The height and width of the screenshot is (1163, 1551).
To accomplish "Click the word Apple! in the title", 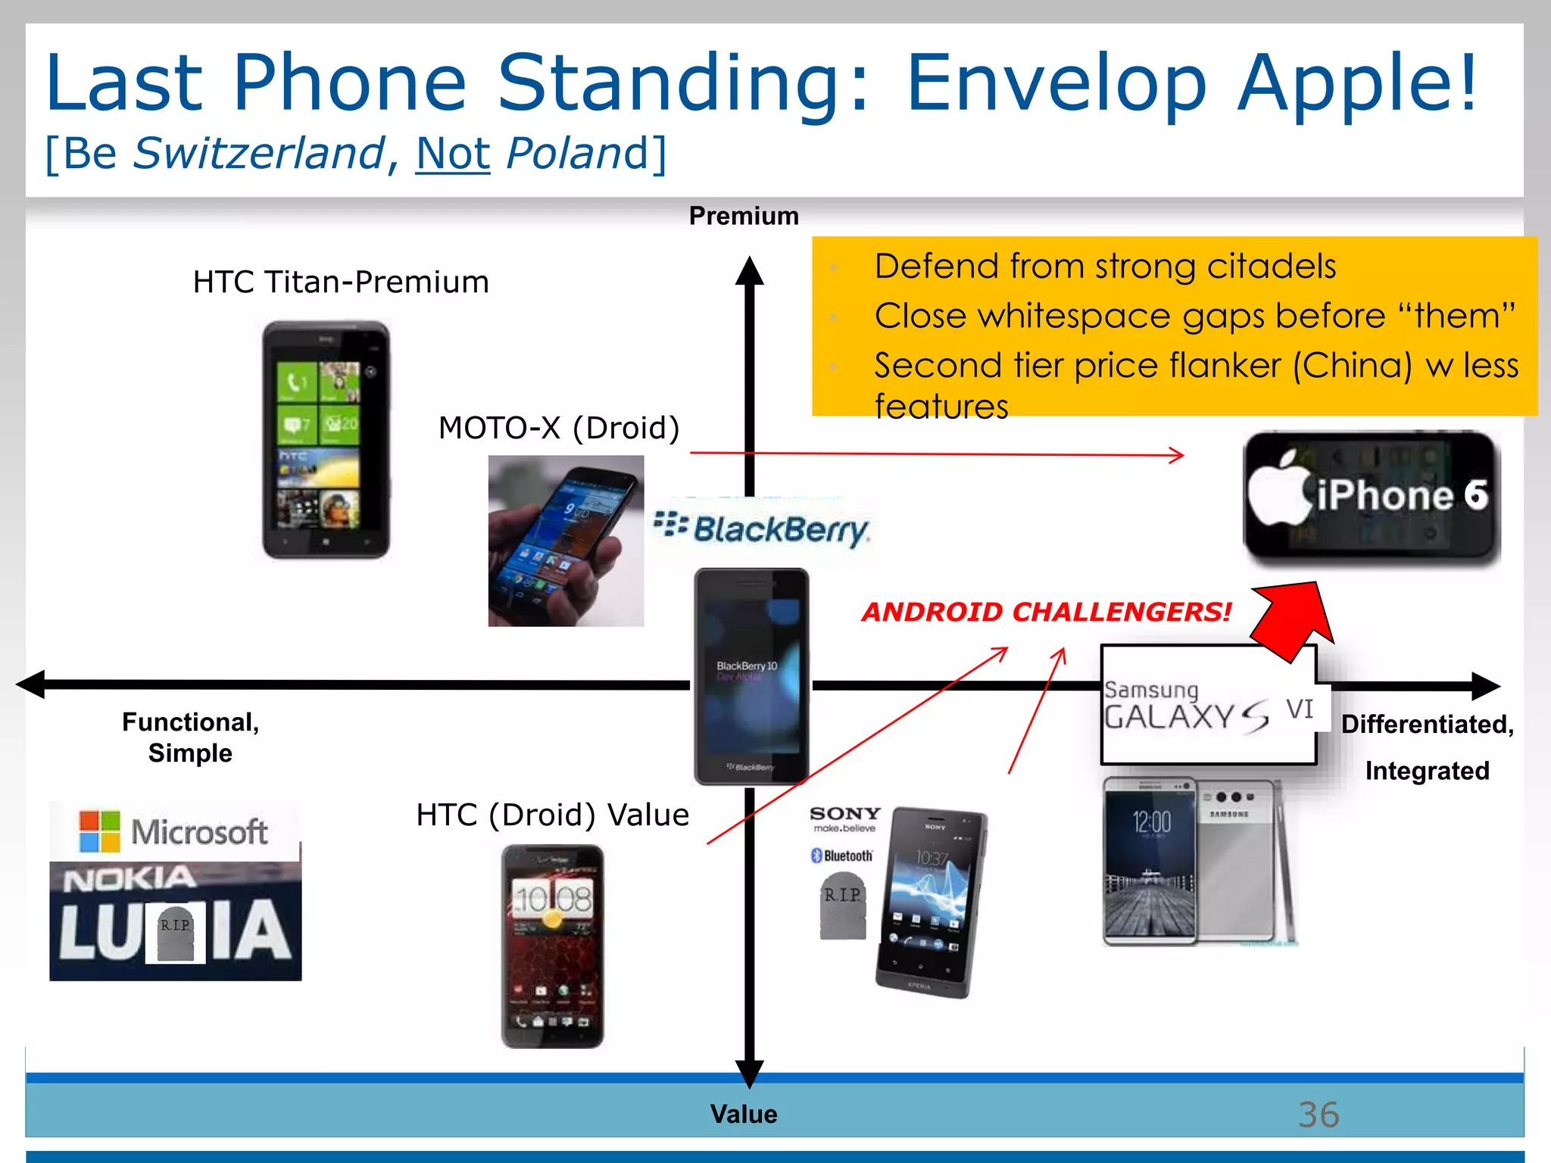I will [x=1356, y=83].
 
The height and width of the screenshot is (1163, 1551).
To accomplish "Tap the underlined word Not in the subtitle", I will [x=453, y=154].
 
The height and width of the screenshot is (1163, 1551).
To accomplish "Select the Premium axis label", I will [x=743, y=217].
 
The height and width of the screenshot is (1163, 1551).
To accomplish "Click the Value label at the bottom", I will [x=743, y=1114].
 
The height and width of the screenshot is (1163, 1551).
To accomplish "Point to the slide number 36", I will [x=1318, y=1115].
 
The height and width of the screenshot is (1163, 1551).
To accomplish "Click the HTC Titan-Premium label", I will [x=341, y=282].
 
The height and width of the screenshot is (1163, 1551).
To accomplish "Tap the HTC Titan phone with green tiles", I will [x=326, y=440].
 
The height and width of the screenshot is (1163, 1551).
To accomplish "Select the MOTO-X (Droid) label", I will [x=559, y=429].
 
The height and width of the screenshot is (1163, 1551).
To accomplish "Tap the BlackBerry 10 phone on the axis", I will [x=751, y=676].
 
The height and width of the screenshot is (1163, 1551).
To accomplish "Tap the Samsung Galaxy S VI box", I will [x=1209, y=705].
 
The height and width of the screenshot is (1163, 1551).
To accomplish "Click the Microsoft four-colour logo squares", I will [x=100, y=831].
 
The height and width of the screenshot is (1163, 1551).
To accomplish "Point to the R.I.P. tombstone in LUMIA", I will [x=176, y=933].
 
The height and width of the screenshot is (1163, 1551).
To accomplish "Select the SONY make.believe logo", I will [x=844, y=818].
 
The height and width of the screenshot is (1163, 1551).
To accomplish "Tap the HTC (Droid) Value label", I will [x=552, y=815].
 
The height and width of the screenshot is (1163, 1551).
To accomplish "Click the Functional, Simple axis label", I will [x=190, y=737].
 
